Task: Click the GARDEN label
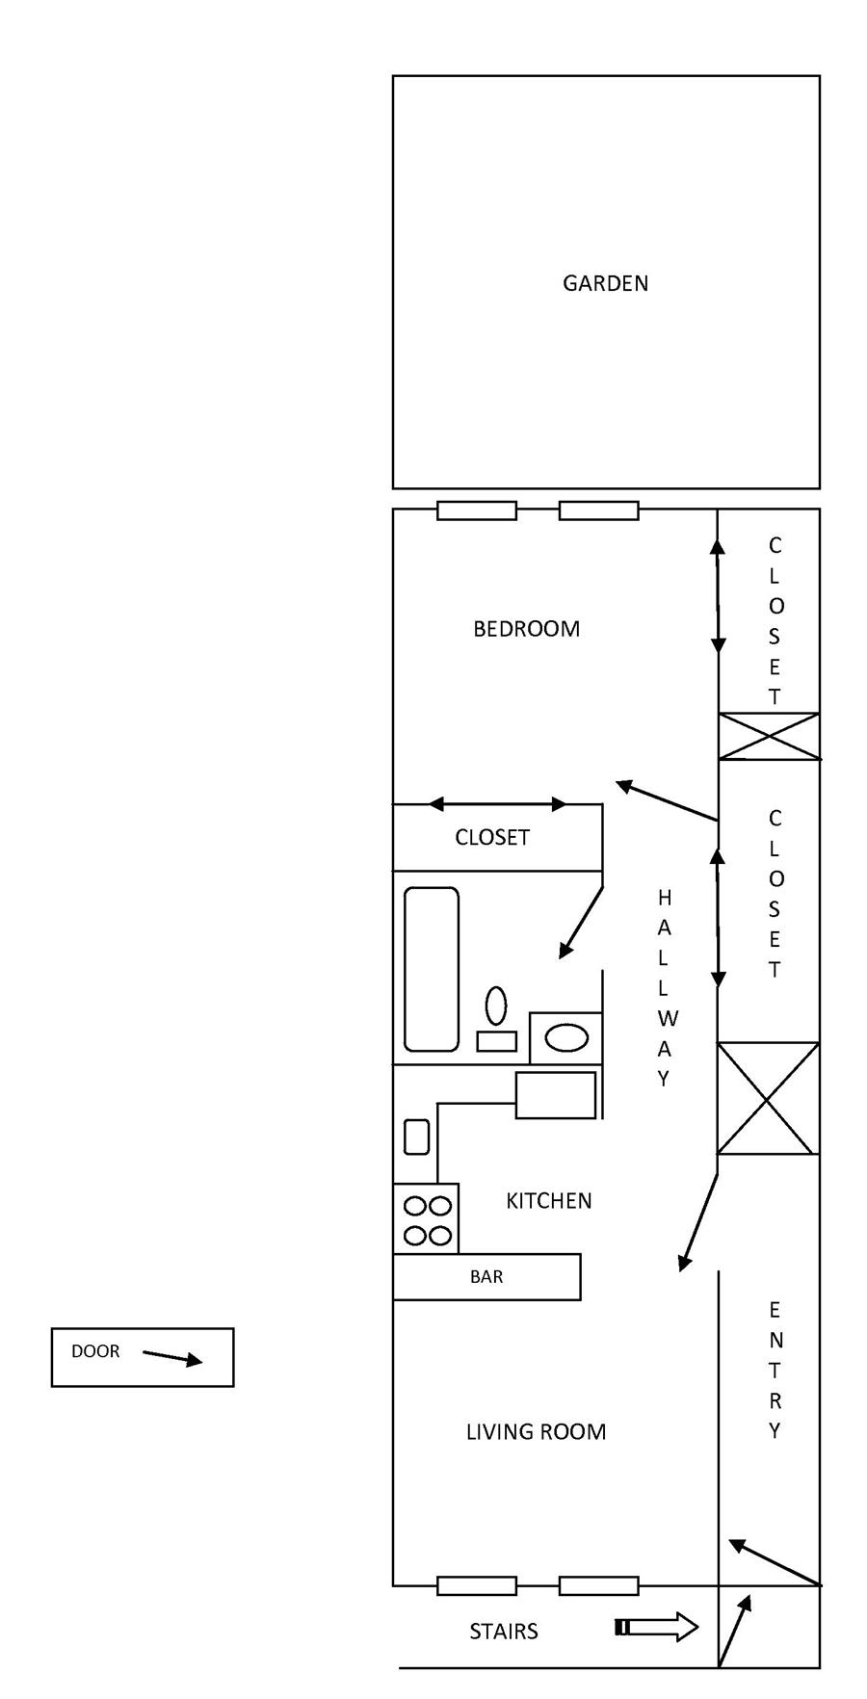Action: tap(605, 283)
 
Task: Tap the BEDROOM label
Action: tap(527, 629)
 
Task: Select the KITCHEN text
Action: tap(549, 1201)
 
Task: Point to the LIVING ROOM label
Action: tap(537, 1432)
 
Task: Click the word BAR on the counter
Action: tap(486, 1277)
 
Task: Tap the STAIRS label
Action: tap(504, 1632)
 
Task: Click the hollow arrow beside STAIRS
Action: tap(657, 1628)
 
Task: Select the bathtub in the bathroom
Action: tap(432, 969)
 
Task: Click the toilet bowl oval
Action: tap(496, 1006)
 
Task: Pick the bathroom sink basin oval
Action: tap(566, 1037)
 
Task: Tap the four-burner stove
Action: tap(426, 1218)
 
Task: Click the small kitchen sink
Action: tap(416, 1137)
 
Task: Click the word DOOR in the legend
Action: tap(95, 1351)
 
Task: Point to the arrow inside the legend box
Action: tap(173, 1357)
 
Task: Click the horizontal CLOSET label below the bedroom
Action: tap(492, 838)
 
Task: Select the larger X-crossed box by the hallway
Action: tap(768, 1098)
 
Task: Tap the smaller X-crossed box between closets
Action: tap(769, 737)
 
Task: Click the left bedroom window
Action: tap(477, 510)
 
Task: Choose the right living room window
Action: tap(599, 1586)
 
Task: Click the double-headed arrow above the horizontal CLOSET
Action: tap(498, 804)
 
